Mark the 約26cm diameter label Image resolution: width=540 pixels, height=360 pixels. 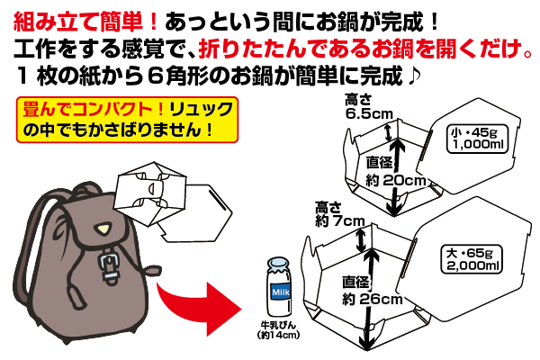point(374,298)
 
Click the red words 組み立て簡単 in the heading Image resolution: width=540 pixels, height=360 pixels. point(82,19)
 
